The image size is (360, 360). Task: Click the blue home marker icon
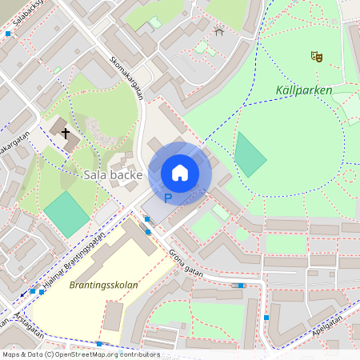pos(180,173)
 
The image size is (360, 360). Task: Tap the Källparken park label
pos(303,90)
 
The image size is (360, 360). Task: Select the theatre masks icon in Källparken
pos(317,56)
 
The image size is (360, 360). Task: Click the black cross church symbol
pos(65,134)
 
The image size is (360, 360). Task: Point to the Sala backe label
pos(113,174)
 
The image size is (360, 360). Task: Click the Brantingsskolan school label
pos(104,285)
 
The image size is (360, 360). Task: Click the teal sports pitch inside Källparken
pos(250,154)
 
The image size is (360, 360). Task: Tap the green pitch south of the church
pos(66,214)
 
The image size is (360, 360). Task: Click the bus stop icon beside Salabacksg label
pos(8,34)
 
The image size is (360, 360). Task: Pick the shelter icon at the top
pos(219,31)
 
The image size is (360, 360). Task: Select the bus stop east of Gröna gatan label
pos(241,285)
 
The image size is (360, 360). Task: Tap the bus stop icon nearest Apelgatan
pos(266,318)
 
